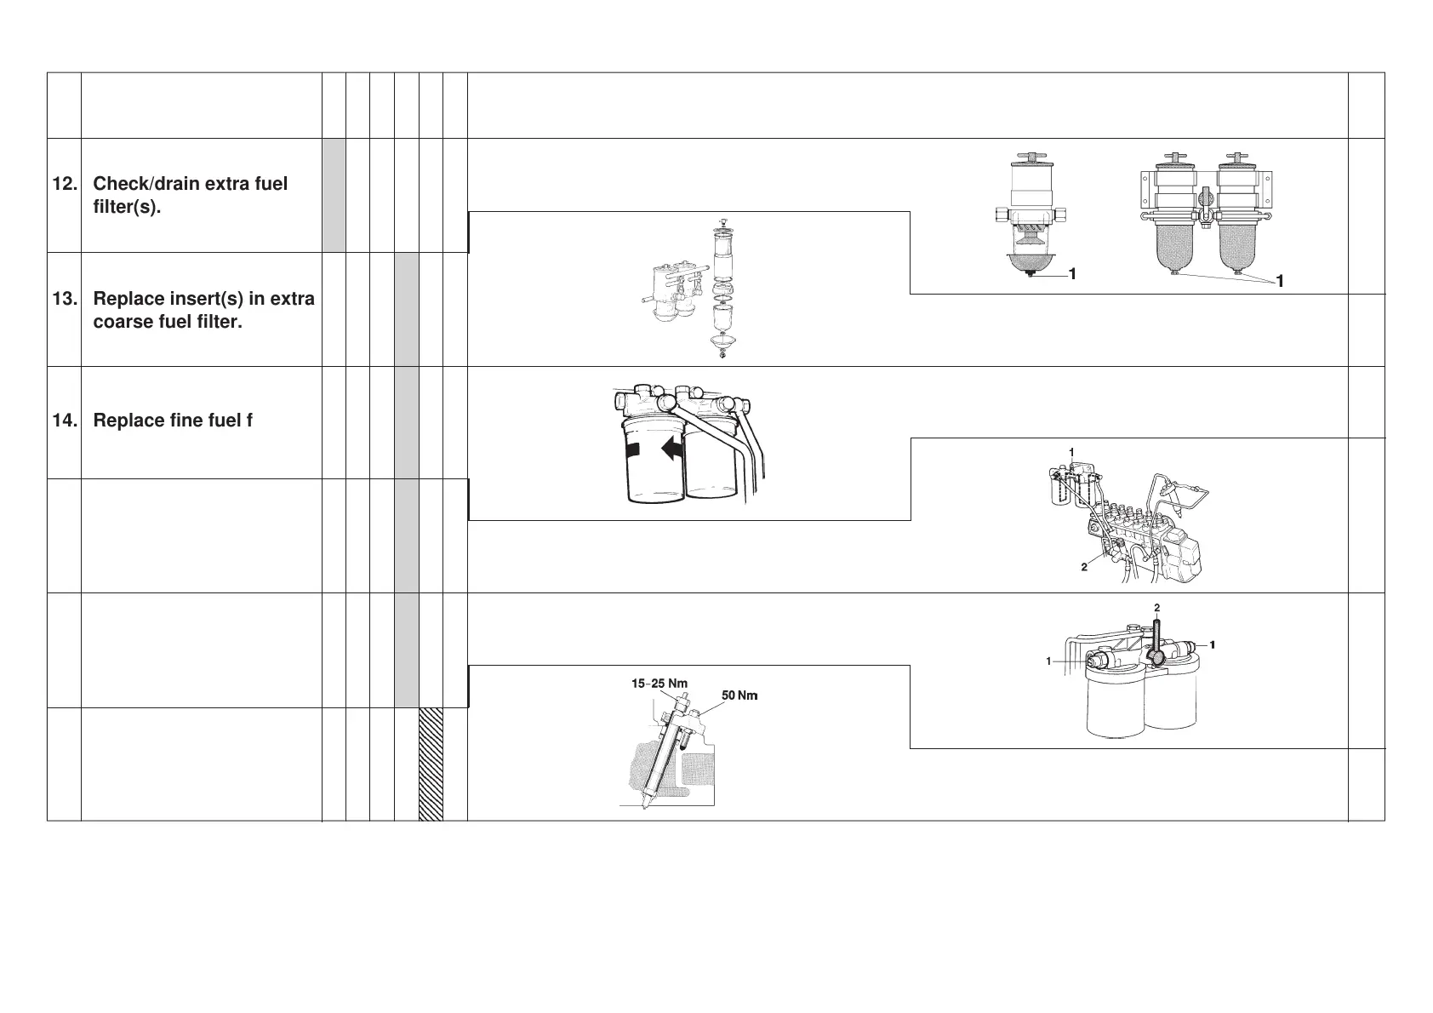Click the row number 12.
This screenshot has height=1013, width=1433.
click(64, 185)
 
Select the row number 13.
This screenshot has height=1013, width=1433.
click(64, 300)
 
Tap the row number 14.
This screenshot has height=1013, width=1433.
click(64, 421)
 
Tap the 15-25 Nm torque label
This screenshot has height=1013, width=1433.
click(659, 684)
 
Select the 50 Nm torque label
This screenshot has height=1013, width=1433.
click(739, 695)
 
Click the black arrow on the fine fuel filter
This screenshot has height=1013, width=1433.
click(673, 449)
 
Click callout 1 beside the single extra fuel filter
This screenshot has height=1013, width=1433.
click(1072, 274)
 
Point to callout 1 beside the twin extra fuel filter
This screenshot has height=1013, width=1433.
click(1279, 282)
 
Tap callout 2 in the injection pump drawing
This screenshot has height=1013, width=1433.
click(1084, 568)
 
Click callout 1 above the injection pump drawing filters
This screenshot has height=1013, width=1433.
click(1072, 451)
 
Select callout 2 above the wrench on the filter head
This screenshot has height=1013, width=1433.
click(1156, 608)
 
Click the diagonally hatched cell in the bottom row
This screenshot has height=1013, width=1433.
click(431, 764)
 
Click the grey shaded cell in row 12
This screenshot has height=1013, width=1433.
click(334, 195)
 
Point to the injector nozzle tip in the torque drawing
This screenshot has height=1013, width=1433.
click(646, 804)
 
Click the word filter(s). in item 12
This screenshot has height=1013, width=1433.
click(127, 208)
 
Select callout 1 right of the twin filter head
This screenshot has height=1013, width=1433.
click(1213, 644)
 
